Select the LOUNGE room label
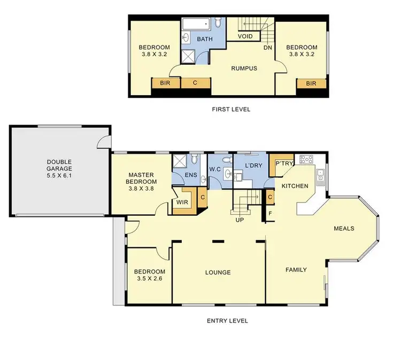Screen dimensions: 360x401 pyautogui.click(x=218, y=272)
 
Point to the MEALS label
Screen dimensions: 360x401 pyautogui.click(x=344, y=229)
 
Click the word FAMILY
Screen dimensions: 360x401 pyautogui.click(x=296, y=270)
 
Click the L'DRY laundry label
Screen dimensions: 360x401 pyautogui.click(x=253, y=166)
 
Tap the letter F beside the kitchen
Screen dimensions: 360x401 pyautogui.click(x=270, y=213)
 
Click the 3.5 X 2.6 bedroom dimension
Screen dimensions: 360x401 pyautogui.click(x=149, y=278)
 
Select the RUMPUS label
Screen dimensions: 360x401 pyautogui.click(x=244, y=68)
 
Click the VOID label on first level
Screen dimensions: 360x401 pyautogui.click(x=244, y=37)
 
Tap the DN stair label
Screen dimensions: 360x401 pyautogui.click(x=268, y=48)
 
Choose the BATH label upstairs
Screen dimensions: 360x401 pyautogui.click(x=205, y=40)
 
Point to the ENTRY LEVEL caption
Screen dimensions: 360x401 pyautogui.click(x=227, y=321)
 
